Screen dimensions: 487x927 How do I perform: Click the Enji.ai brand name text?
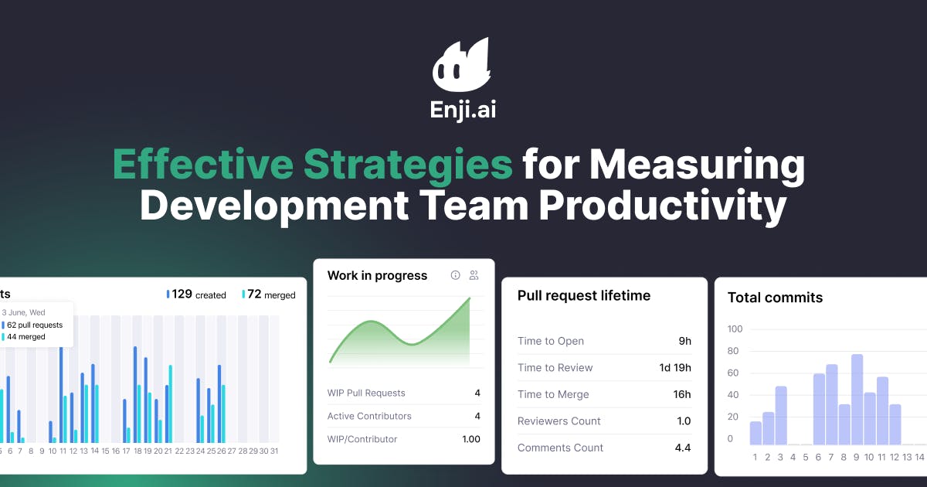pyautogui.click(x=463, y=110)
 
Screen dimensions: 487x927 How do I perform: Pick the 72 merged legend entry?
pyautogui.click(x=269, y=295)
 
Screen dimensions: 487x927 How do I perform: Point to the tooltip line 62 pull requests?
pyautogui.click(x=34, y=325)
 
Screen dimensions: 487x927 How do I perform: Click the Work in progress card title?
pyautogui.click(x=377, y=275)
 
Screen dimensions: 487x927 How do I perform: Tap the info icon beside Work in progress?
pyautogui.click(x=455, y=275)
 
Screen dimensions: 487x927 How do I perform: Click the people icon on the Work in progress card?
pyautogui.click(x=474, y=275)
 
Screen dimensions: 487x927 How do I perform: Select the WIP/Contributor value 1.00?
pyautogui.click(x=470, y=439)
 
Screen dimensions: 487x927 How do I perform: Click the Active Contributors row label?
pyautogui.click(x=369, y=416)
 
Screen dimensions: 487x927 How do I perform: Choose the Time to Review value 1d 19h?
pyautogui.click(x=674, y=368)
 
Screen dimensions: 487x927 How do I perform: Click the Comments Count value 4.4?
pyautogui.click(x=682, y=448)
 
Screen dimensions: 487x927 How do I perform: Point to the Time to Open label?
pyautogui.click(x=550, y=341)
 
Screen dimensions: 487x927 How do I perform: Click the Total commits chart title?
pyautogui.click(x=775, y=298)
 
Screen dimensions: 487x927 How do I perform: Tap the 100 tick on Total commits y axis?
pyautogui.click(x=735, y=329)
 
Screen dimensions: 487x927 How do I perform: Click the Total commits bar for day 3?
pyautogui.click(x=781, y=416)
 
